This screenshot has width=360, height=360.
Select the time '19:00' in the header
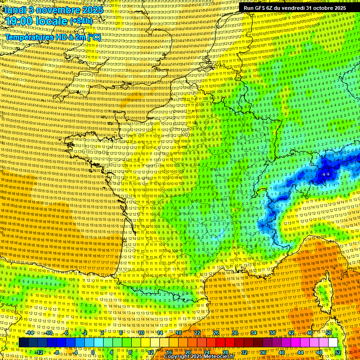coord(20,21)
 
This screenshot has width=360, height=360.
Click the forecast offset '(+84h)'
coord(81,21)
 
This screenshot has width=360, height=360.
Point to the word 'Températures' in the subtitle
coord(28,37)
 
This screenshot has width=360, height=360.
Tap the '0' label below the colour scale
coord(93,352)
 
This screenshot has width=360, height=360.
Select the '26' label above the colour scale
coord(216,333)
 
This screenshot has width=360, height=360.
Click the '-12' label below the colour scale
coord(39,352)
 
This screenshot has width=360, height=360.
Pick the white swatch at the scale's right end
coord(333,343)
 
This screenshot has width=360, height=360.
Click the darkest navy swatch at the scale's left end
coord(23,343)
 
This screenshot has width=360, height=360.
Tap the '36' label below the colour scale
coord(262,352)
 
